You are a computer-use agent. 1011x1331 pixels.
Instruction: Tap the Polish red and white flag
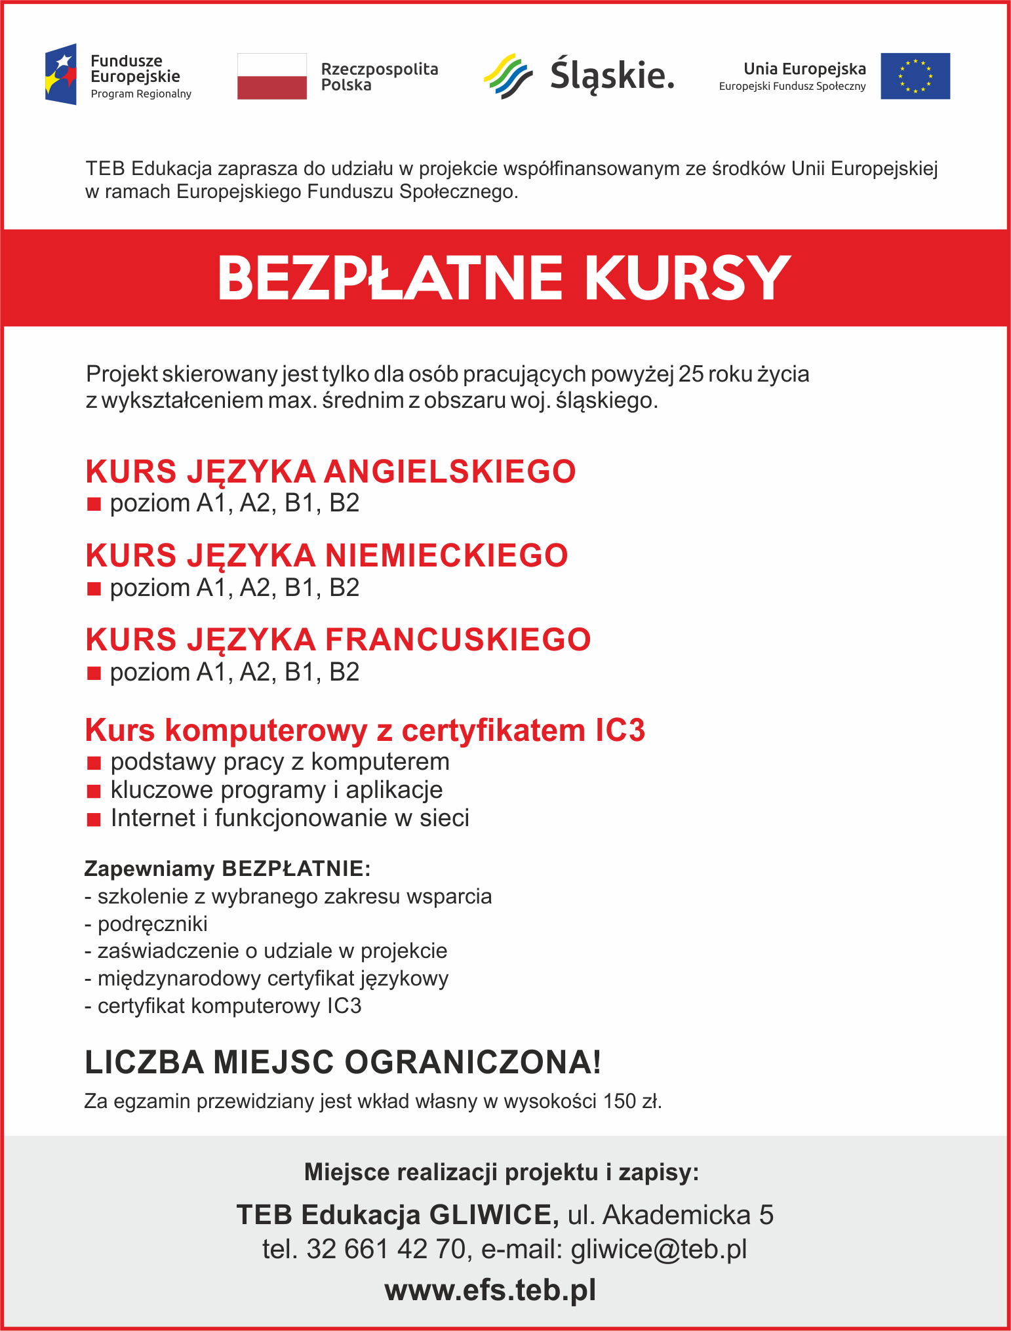(271, 76)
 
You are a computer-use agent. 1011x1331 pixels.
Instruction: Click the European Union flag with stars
(915, 76)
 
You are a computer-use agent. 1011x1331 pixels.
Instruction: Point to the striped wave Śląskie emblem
(507, 77)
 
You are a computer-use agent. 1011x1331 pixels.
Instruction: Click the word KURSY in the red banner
(687, 279)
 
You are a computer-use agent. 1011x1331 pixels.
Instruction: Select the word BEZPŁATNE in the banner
(390, 279)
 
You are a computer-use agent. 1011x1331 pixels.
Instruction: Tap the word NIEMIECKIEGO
(446, 555)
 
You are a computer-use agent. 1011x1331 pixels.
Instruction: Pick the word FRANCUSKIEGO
(458, 639)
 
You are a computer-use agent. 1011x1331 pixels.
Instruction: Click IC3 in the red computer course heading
(620, 730)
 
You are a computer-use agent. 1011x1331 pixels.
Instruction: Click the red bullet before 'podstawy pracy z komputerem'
(94, 763)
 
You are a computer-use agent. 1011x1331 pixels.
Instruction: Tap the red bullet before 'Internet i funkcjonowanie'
(94, 819)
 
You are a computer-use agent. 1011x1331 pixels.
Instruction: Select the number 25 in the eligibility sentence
(691, 374)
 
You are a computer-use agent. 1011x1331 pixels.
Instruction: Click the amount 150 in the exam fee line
(620, 1101)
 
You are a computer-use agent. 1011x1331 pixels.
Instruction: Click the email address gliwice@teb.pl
(658, 1249)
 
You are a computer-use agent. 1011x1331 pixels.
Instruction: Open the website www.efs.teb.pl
(490, 1290)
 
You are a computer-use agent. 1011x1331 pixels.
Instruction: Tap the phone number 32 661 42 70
(386, 1249)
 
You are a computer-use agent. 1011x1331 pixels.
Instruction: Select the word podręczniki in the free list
(152, 924)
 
